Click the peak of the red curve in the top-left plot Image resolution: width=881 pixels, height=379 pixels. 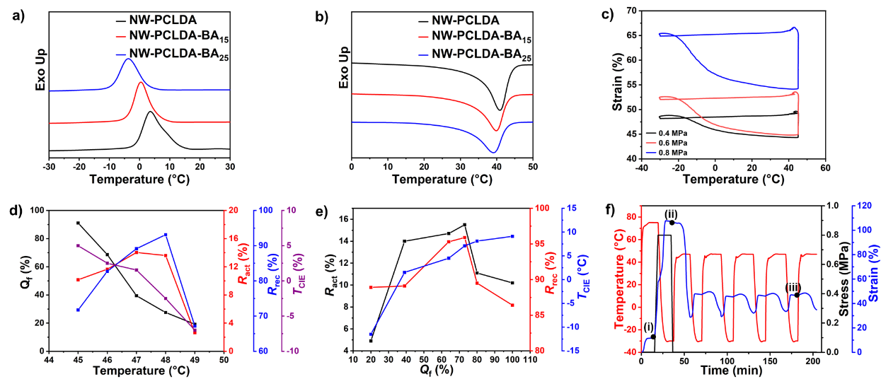[x=140, y=83]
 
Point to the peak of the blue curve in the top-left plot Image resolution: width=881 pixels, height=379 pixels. [x=127, y=59]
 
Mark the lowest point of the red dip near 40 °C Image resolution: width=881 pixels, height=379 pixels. [x=496, y=130]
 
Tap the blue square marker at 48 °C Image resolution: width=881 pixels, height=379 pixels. [x=166, y=235]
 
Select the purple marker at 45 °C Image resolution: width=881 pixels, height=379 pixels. [x=79, y=245]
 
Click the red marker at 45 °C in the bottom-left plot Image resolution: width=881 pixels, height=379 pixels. [x=79, y=280]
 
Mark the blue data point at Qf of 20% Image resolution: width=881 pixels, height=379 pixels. [x=370, y=334]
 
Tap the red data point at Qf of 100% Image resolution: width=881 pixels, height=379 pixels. [x=512, y=305]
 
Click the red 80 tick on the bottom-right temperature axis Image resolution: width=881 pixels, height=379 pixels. [x=632, y=216]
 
